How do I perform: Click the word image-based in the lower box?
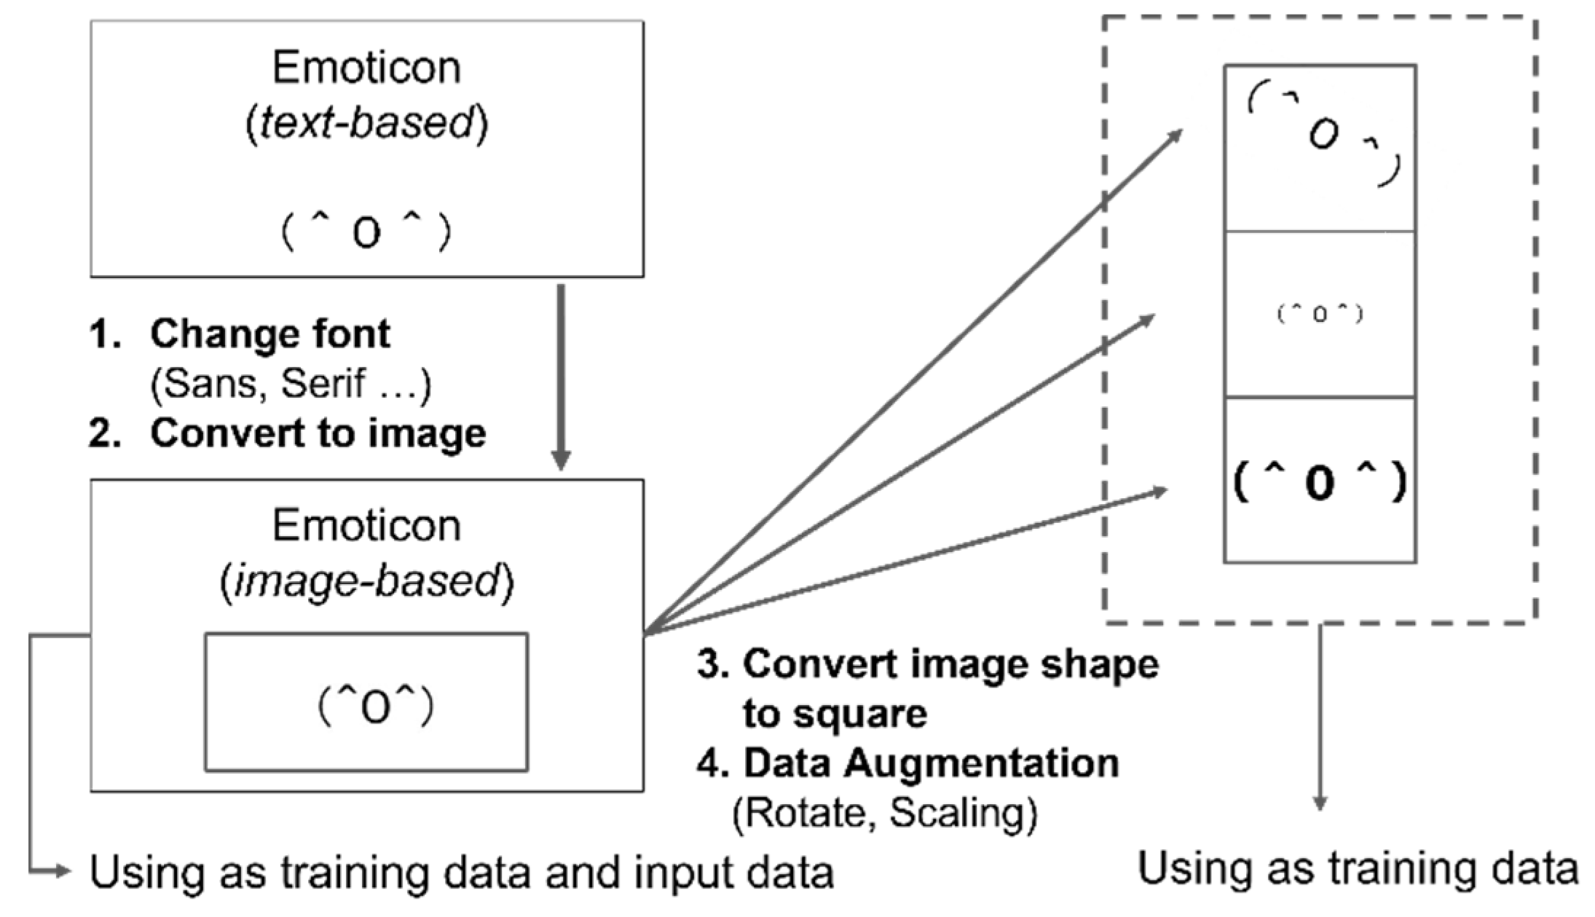pos(366,582)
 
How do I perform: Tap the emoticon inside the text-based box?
pos(366,232)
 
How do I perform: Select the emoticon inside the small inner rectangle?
pos(375,707)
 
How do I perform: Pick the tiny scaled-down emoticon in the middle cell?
pos(1320,314)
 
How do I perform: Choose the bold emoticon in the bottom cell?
pos(1320,482)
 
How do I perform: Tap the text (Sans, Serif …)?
pos(290,383)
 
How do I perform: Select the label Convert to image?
pos(318,433)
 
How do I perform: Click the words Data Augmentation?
pos(931,763)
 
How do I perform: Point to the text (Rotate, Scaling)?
pos(884,812)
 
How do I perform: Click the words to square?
pos(835,713)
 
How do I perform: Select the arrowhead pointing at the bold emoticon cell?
pos(1159,492)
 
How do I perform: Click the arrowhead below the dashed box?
pos(1319,803)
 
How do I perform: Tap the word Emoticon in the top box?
pos(366,68)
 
